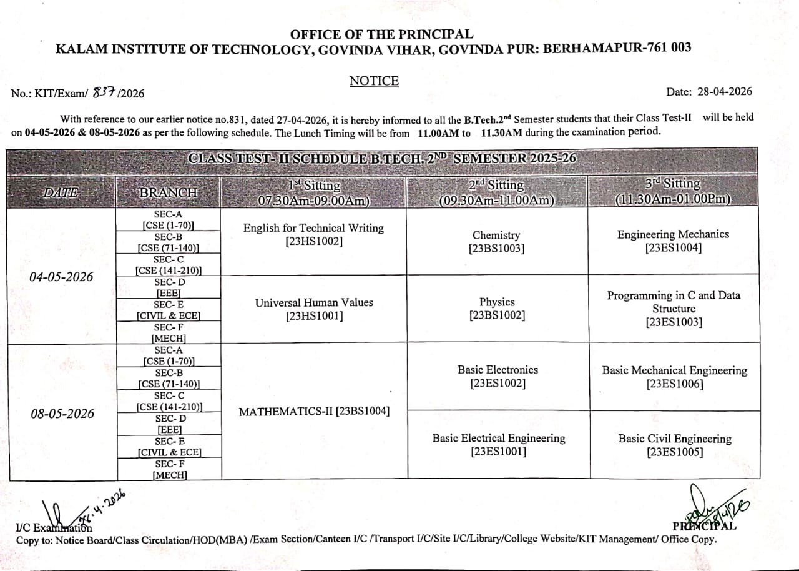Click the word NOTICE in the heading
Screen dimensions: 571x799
tap(373, 81)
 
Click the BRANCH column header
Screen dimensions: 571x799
tap(168, 192)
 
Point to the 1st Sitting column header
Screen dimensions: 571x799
tap(314, 192)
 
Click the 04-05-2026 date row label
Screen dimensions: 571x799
tap(61, 277)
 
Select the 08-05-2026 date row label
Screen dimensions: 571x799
tap(62, 414)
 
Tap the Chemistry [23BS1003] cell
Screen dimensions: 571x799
tap(496, 242)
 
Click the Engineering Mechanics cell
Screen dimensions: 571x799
tap(673, 241)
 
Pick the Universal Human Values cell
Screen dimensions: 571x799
tap(314, 309)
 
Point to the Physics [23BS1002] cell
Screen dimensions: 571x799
tap(497, 309)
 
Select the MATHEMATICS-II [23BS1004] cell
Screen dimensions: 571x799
tap(314, 412)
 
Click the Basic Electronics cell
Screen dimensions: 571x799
tap(498, 376)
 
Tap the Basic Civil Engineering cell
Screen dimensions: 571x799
tap(674, 445)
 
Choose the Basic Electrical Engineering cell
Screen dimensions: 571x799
tap(498, 444)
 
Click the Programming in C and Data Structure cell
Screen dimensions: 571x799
tap(674, 309)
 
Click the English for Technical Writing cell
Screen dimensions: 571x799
tap(313, 234)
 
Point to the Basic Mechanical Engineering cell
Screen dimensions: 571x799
tap(674, 377)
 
